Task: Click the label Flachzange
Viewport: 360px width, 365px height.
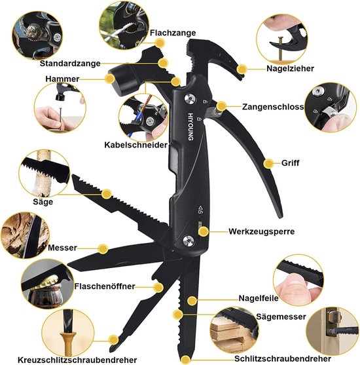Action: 173,33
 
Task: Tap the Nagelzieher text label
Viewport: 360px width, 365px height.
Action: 290,68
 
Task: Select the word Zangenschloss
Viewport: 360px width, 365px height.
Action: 273,107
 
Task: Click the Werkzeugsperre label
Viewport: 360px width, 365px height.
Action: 261,231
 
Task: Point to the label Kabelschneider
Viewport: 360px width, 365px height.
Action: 135,145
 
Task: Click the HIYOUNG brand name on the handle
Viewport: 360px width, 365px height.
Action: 190,126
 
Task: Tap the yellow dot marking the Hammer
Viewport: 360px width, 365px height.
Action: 110,79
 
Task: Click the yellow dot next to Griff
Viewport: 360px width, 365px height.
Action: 268,164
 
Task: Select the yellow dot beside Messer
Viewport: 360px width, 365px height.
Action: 103,249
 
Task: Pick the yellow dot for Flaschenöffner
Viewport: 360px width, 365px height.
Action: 158,288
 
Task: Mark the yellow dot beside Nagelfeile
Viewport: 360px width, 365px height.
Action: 192,301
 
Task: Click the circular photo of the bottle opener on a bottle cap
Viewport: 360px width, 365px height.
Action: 47,284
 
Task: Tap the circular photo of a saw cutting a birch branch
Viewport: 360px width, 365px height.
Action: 45,174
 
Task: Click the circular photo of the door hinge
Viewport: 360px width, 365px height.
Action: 332,331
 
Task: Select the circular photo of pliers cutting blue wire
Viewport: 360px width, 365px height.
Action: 143,118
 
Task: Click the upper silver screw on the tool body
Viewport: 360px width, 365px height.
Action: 190,99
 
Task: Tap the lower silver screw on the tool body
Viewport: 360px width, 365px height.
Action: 189,240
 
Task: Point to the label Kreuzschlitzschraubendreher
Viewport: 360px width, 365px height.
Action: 77,360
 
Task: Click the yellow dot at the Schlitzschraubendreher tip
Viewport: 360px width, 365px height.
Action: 185,360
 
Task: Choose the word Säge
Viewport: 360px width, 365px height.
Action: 43,201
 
